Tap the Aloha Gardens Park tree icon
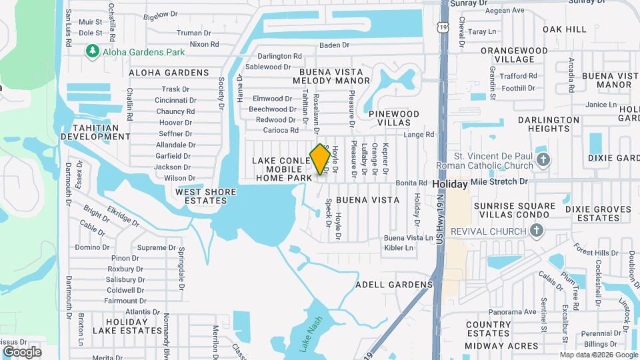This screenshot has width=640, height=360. point(93,51)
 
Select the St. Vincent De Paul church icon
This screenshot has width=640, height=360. point(544,159)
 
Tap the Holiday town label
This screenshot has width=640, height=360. point(450,183)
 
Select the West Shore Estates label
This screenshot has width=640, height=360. point(205,196)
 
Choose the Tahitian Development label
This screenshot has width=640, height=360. point(95,132)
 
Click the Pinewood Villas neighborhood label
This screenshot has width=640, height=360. point(394,119)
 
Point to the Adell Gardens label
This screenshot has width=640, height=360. point(394,285)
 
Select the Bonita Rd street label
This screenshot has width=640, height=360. point(411,183)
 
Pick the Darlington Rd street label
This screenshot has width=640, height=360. point(280,57)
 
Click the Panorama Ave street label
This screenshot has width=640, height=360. point(512,311)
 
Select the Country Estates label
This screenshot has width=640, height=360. point(488,329)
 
